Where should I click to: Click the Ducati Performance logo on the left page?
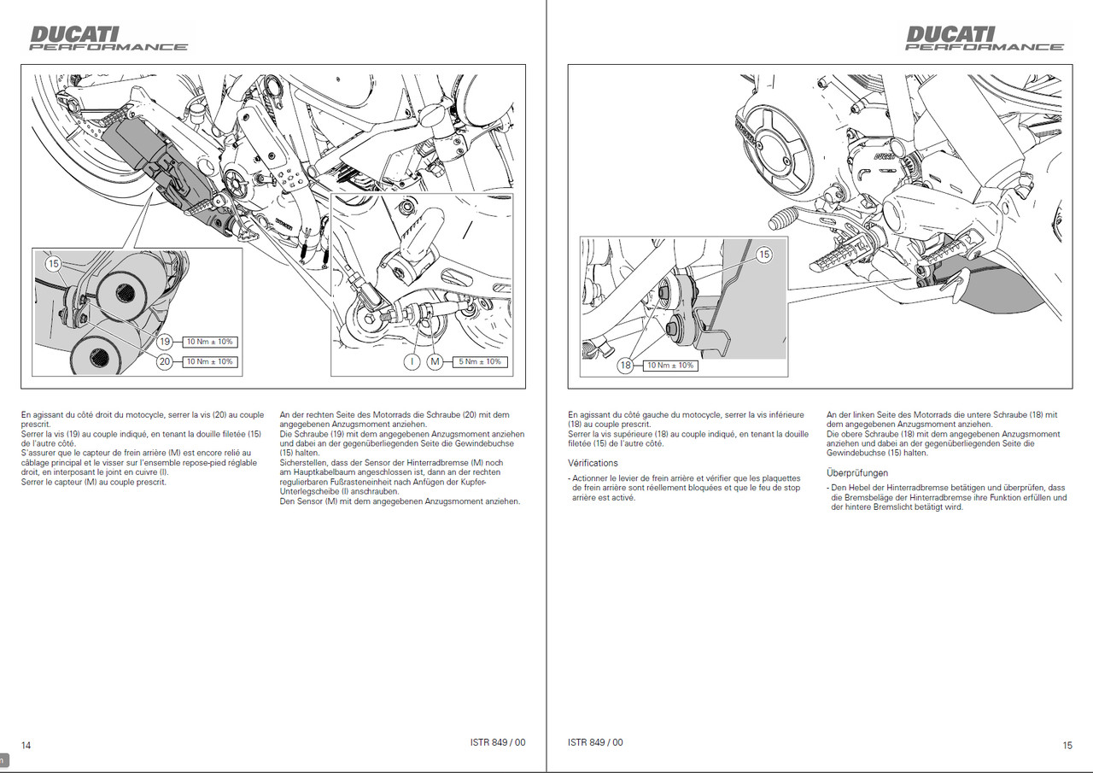tap(108, 38)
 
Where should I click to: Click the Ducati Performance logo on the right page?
tap(984, 38)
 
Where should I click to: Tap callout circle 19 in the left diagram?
tap(165, 342)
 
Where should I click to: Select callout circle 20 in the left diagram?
tap(165, 361)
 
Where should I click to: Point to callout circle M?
tap(435, 361)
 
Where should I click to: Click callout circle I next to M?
tap(412, 361)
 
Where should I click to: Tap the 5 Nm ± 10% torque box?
tap(480, 361)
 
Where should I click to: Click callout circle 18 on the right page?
tap(626, 366)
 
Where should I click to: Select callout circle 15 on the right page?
tap(763, 255)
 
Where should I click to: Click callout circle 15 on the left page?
tap(54, 264)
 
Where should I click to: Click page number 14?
tap(26, 745)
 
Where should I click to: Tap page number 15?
tap(1067, 745)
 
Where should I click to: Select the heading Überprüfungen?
tap(857, 472)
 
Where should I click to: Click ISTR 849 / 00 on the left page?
tap(498, 742)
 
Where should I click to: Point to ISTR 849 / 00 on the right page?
tap(595, 742)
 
